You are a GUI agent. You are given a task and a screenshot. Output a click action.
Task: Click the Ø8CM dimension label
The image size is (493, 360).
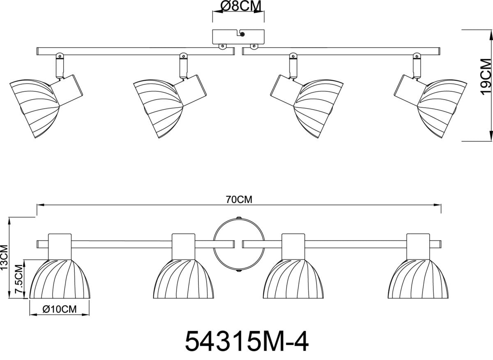click(241, 6)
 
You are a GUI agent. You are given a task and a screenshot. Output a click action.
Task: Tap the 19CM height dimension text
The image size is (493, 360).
click(486, 77)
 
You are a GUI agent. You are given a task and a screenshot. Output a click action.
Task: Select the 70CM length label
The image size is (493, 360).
click(239, 200)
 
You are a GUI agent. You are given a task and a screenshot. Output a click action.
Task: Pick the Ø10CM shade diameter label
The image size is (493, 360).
click(60, 309)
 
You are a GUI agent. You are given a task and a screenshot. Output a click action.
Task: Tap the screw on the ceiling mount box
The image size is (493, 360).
click(242, 34)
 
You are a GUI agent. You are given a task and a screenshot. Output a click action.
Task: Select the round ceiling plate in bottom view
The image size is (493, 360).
click(239, 234)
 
